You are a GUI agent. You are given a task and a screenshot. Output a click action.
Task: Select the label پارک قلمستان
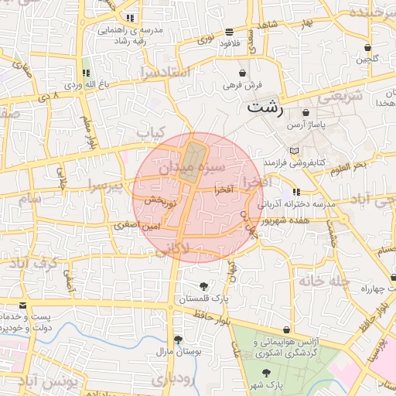tap(205, 298)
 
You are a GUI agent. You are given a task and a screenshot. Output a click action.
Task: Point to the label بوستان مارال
tap(179, 351)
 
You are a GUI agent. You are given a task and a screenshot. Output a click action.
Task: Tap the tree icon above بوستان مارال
tap(179, 340)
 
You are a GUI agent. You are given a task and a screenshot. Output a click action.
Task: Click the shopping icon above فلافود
tap(229, 32)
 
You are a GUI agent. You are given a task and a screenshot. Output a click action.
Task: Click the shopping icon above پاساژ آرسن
tap(306, 112)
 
